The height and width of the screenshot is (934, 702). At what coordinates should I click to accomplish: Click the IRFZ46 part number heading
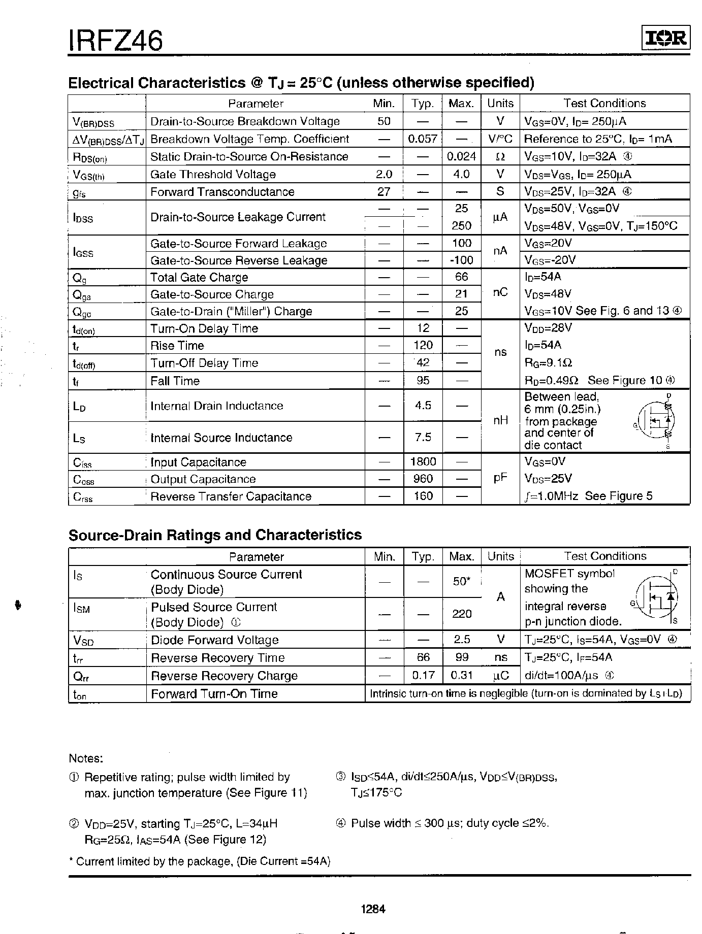tap(116, 40)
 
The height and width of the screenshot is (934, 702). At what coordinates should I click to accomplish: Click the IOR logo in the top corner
tap(665, 39)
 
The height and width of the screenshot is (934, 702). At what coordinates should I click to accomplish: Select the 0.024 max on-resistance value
tap(461, 156)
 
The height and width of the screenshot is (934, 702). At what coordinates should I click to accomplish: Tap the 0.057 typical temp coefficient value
tap(423, 139)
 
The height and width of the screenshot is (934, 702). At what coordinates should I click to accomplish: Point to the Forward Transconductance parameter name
tap(222, 192)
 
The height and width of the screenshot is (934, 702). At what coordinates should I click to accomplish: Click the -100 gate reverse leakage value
tap(461, 260)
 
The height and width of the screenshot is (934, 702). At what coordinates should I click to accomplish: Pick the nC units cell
tap(500, 293)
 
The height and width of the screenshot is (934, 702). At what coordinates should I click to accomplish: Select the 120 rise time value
tap(423, 346)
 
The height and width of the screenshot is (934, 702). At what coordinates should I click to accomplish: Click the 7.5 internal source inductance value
tap(423, 438)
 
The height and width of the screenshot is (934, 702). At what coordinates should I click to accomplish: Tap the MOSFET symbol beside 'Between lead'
tap(655, 421)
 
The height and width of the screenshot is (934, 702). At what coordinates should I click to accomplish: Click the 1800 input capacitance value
tap(423, 462)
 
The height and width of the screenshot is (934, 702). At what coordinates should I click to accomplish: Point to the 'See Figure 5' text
tap(618, 496)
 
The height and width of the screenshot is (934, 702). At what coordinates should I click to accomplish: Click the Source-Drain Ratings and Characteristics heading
tap(215, 535)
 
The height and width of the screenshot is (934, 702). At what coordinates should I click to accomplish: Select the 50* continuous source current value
tap(461, 581)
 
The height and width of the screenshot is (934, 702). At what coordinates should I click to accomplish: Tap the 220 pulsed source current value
tap(461, 614)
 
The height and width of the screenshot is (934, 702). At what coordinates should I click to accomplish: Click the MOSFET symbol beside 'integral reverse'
tap(658, 597)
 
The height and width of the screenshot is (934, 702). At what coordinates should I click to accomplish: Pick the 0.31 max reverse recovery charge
tap(461, 676)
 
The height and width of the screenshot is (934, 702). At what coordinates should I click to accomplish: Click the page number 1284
tap(373, 909)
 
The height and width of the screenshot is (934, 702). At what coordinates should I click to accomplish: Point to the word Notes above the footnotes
tap(86, 758)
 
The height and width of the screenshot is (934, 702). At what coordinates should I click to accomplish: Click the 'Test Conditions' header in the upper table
tap(604, 104)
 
